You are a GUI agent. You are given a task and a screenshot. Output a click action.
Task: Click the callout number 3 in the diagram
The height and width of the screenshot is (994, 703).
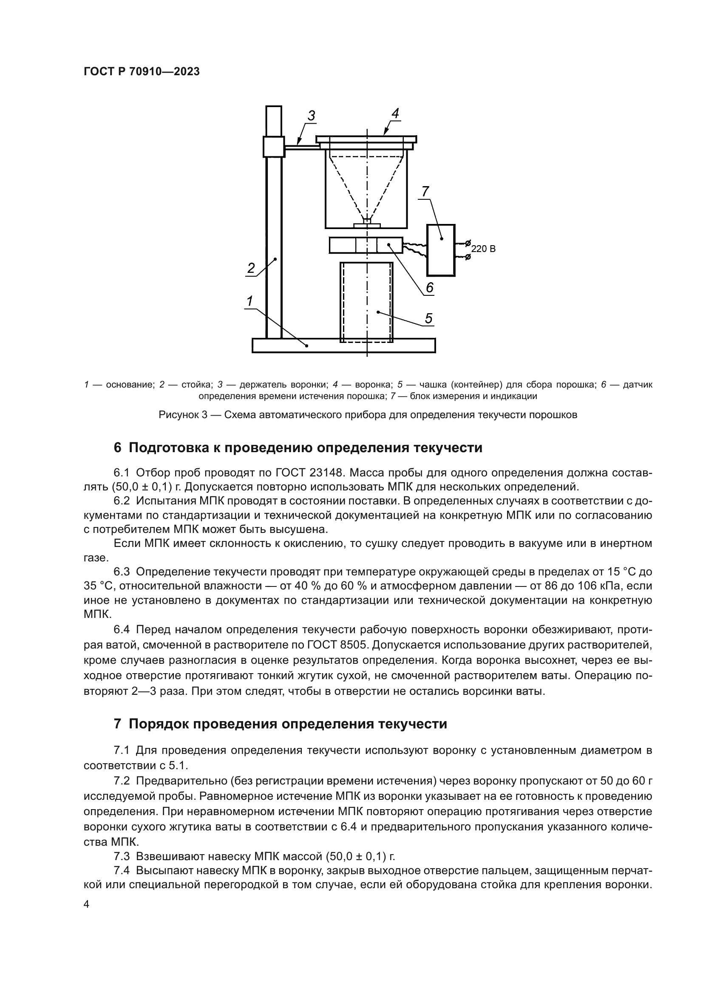311,116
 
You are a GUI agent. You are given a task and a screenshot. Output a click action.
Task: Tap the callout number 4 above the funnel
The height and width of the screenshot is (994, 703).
395,113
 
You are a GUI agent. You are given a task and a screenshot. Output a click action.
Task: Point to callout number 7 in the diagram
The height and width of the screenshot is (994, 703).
425,191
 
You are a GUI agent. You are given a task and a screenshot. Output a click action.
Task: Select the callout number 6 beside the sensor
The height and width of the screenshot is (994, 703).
429,287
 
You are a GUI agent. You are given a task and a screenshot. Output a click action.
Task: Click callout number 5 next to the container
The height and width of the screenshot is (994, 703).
428,318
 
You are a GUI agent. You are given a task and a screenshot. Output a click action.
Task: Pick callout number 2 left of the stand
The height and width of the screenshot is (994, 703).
251,268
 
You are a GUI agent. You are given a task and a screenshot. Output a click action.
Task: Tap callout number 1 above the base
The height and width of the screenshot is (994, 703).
250,300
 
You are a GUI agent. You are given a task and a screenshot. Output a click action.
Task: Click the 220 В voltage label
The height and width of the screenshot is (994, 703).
483,249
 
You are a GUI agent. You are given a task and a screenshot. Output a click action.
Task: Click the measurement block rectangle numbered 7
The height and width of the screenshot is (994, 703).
441,250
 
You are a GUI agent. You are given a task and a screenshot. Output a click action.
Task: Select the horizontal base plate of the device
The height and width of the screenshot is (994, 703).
343,345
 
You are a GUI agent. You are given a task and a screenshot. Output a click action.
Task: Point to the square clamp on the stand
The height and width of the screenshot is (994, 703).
274,147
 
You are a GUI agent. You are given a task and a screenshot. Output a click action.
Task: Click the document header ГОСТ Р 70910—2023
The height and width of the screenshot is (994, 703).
142,72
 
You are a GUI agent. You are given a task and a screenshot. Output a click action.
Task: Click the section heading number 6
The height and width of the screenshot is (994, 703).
117,447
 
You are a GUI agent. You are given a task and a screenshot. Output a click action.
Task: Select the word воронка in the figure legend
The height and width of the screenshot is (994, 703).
374,385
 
